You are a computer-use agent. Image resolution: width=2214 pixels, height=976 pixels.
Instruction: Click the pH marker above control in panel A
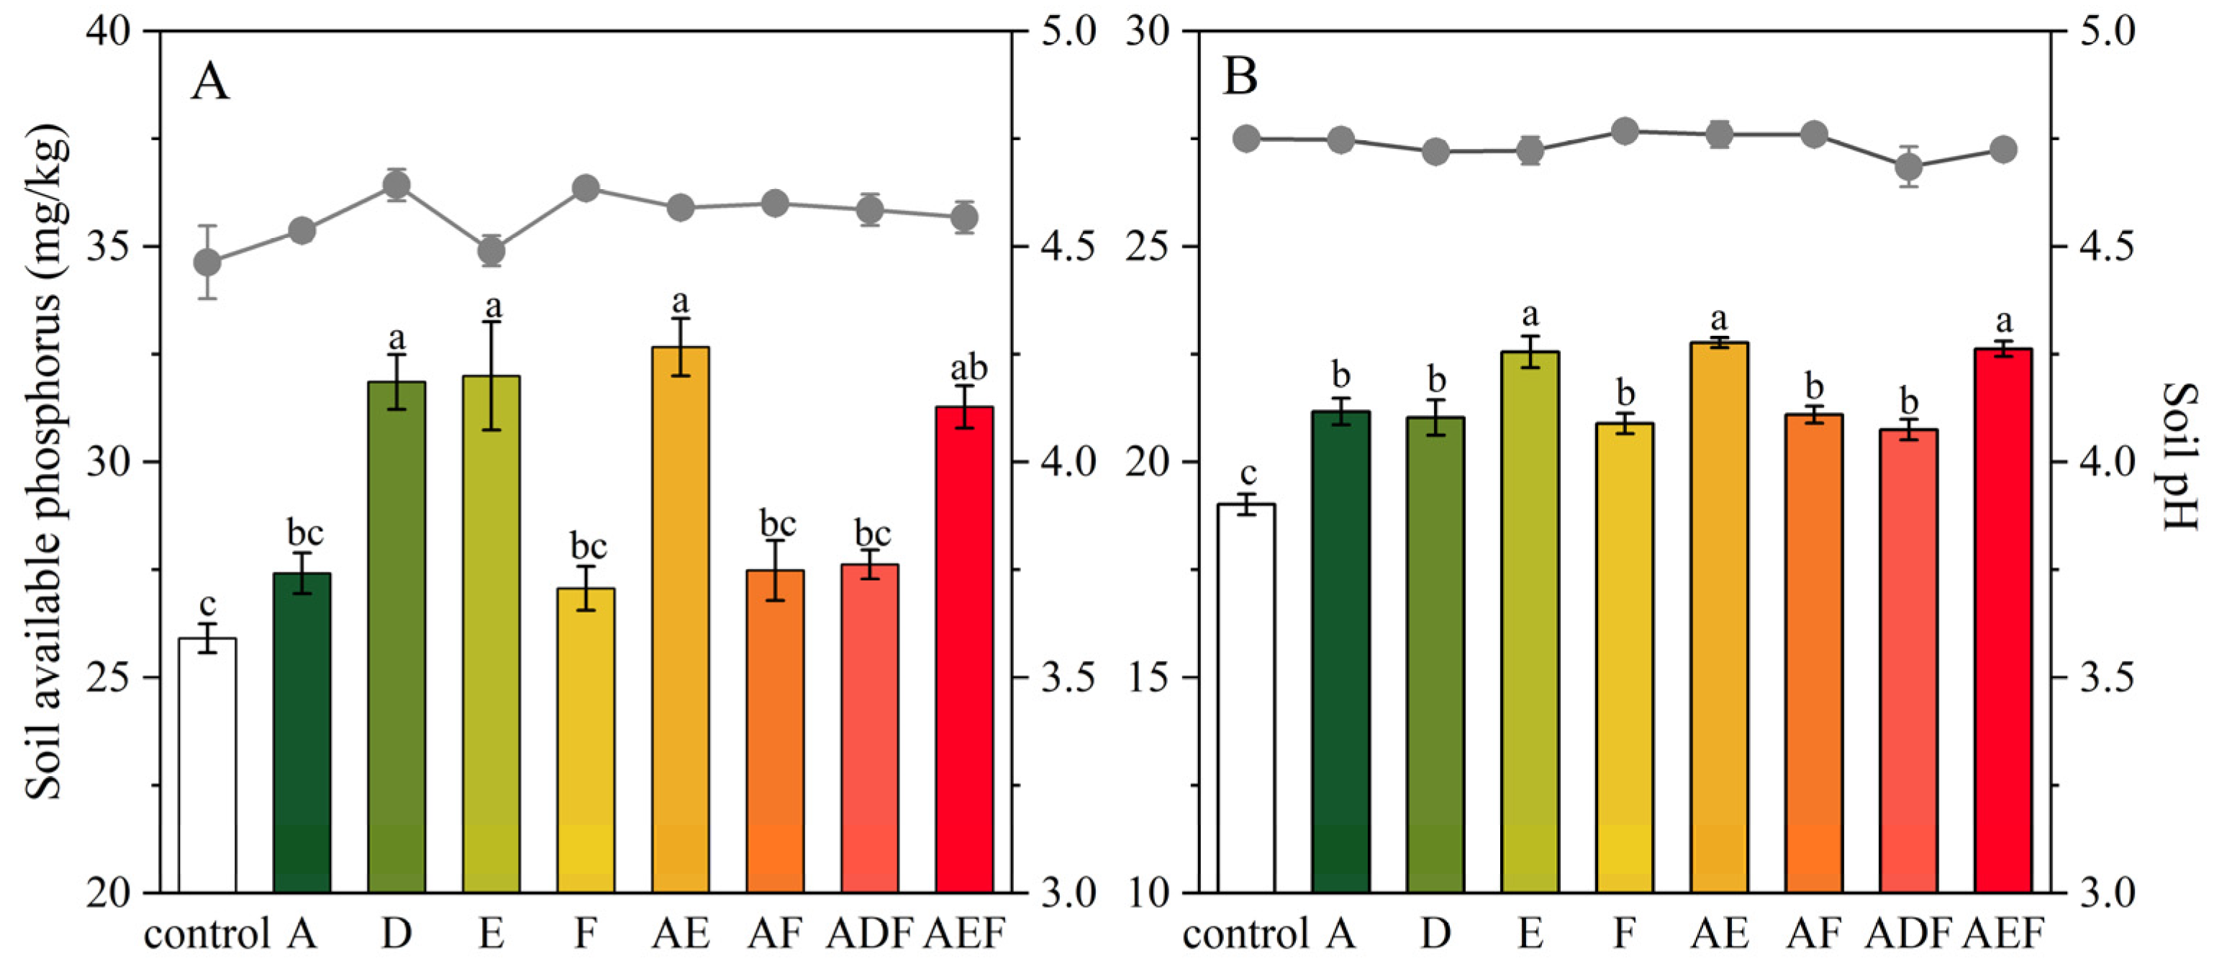[x=207, y=262]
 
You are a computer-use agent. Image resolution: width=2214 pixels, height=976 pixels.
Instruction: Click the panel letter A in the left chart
[x=209, y=83]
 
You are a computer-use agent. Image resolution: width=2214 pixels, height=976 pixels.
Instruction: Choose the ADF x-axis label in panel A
[x=869, y=933]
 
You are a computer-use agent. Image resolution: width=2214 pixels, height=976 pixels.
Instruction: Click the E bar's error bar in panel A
[x=491, y=375]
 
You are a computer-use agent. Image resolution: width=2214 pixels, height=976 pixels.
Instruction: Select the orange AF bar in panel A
[x=775, y=730]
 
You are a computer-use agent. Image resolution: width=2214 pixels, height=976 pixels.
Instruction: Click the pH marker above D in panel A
[x=396, y=185]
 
